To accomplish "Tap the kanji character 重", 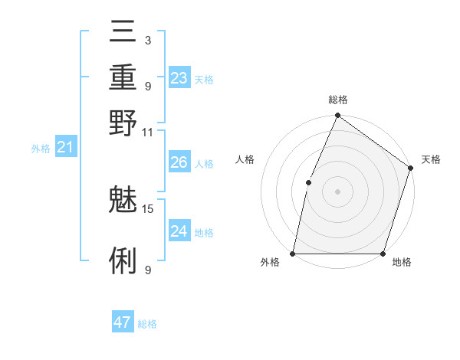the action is coord(123,77).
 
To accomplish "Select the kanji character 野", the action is coord(123,123).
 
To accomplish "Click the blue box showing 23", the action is coord(179,78).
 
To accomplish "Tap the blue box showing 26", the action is coord(179,162).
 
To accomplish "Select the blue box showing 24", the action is coord(179,231).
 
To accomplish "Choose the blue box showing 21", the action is coord(65,148).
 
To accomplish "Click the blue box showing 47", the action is coord(123,322).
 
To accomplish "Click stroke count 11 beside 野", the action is coord(148,132).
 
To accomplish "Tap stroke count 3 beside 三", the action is coord(147,40).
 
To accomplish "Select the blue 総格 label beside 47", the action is coord(147,324).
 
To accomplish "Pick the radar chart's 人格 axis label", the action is coord(245,159).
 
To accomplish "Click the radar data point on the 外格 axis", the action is coord(293,253).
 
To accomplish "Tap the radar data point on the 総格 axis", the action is coord(337,116).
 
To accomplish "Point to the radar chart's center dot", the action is coord(337,191).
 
